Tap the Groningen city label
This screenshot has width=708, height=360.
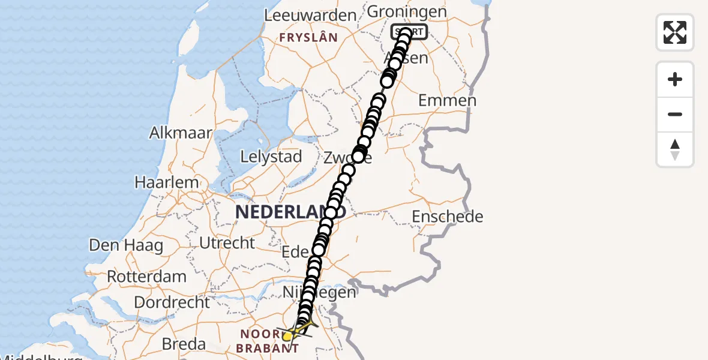point(406,11)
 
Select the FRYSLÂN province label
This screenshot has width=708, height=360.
point(308,37)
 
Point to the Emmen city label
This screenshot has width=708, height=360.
point(447,100)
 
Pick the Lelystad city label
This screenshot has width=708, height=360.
point(271,157)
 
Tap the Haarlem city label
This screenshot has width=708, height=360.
point(166,182)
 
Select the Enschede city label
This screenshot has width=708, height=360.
point(448,216)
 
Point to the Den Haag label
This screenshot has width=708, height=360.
point(126,245)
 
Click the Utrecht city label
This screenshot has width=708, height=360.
point(228,243)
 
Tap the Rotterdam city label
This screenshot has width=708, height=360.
point(146,277)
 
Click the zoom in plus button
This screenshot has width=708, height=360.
point(675,79)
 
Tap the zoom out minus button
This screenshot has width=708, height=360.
point(675,114)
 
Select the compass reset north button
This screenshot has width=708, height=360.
point(675,149)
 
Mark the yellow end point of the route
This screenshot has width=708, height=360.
point(288,336)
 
